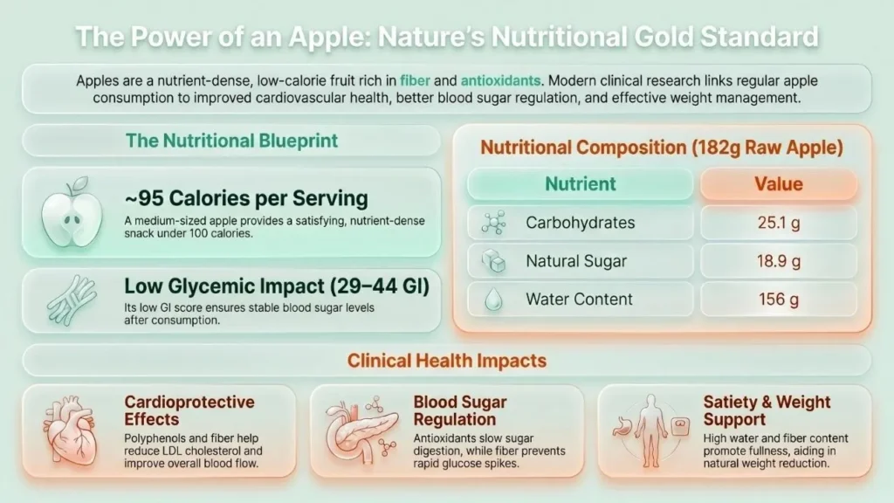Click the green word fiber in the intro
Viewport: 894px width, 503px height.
pos(415,81)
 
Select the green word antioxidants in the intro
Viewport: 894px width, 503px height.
pos(500,81)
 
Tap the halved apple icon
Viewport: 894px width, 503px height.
pos(72,212)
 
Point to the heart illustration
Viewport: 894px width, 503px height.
pos(72,431)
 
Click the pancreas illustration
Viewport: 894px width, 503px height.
pos(361,431)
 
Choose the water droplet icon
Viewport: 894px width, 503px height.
pos(493,300)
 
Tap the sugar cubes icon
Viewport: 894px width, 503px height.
pos(493,261)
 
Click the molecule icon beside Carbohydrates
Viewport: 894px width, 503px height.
pos(493,223)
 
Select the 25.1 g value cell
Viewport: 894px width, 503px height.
pos(778,223)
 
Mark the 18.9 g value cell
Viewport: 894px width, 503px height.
pos(778,261)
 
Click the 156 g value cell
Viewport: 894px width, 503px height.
pos(778,300)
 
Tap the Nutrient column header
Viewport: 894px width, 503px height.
pos(581,183)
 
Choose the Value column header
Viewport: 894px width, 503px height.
pos(778,183)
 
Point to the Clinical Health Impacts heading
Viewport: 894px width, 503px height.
pos(447,361)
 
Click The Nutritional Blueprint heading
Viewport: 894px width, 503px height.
pos(231,141)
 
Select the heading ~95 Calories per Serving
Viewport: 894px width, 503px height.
pos(246,198)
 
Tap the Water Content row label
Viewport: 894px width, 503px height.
pos(579,300)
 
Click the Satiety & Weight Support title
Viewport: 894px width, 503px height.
pos(767,410)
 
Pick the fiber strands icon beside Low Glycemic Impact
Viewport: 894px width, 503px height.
pos(72,300)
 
